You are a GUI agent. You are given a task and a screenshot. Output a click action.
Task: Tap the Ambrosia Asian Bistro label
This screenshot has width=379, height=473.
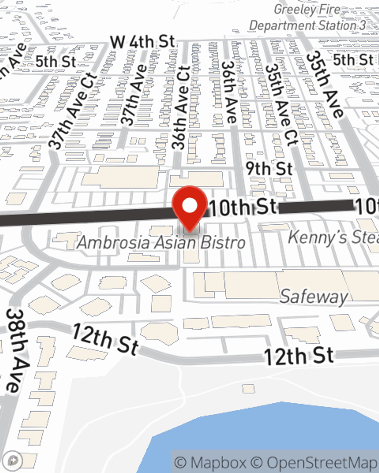161,243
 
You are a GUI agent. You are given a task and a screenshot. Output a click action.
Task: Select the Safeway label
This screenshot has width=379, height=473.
313,297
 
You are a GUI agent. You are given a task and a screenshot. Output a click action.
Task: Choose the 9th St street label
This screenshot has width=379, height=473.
269,169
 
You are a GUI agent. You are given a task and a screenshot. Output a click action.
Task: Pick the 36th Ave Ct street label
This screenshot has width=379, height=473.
180,108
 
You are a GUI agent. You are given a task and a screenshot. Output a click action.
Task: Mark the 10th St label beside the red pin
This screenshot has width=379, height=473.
243,207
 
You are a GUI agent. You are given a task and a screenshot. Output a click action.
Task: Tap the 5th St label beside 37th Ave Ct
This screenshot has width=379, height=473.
56,62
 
